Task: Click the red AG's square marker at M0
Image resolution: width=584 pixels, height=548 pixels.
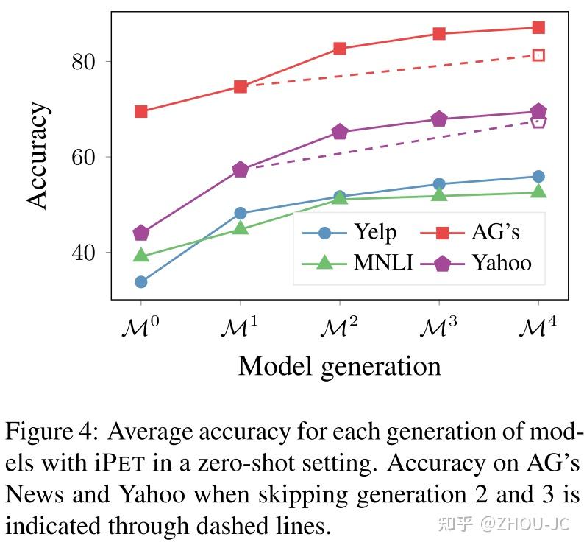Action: point(141,111)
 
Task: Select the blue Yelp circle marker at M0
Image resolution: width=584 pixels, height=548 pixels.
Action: point(141,281)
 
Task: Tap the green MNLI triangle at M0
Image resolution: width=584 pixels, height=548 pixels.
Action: point(141,256)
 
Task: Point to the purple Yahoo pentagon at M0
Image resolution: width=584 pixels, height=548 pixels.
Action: point(141,233)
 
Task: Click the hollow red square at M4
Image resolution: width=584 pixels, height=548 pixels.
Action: point(538,55)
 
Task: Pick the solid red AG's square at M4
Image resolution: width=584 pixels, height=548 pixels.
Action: point(538,28)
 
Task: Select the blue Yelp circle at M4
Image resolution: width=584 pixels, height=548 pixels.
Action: point(538,176)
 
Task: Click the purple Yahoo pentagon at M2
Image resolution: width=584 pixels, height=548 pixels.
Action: point(340,132)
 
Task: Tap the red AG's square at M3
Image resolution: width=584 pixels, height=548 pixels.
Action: point(439,34)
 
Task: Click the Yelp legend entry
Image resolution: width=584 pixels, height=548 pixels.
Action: point(350,233)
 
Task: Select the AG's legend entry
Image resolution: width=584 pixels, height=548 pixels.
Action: point(471,233)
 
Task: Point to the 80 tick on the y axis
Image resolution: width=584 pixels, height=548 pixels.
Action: point(86,62)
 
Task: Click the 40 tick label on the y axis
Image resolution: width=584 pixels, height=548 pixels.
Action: point(86,253)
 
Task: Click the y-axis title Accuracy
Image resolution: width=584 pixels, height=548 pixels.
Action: point(38,156)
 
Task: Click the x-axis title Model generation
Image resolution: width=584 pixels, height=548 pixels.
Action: point(339,365)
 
